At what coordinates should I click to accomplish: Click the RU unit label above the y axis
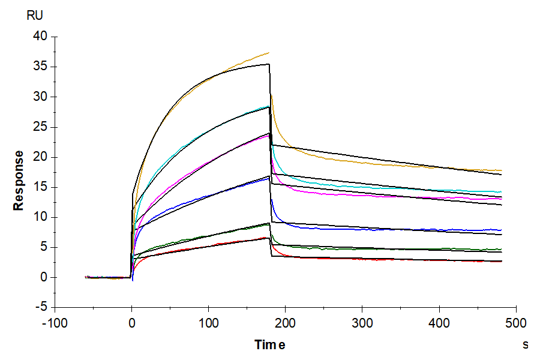coord(35,16)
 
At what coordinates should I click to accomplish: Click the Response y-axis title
coord(19,180)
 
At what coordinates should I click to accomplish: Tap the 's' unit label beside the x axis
coord(525,344)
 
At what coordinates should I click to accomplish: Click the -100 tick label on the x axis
coord(55,323)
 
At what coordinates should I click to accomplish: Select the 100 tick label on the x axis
coord(208,323)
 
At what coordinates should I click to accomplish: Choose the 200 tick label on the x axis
coord(285,323)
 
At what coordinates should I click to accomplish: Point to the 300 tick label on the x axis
coord(362,323)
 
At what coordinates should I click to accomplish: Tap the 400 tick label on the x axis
coord(439,323)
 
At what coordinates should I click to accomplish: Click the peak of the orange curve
coord(268,53)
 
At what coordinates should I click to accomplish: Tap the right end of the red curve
coord(502,262)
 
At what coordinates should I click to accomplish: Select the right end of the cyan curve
coord(502,192)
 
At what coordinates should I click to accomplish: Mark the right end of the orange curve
coord(502,171)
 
